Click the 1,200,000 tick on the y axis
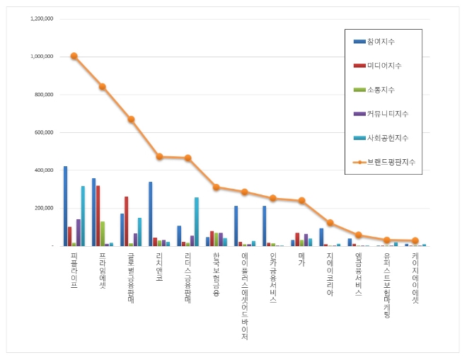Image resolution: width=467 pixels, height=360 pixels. pos(42,18)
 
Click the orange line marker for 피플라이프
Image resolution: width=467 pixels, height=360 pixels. pos(74,56)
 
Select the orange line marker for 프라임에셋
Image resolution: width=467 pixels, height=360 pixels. pos(102,86)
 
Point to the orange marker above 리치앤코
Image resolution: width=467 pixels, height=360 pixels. pos(159,156)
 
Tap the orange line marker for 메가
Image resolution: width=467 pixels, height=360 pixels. pos(301,200)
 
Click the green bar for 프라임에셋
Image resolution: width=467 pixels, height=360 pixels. pos(103,233)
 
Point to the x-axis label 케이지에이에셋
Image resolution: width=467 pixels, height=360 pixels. pos(415,278)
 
